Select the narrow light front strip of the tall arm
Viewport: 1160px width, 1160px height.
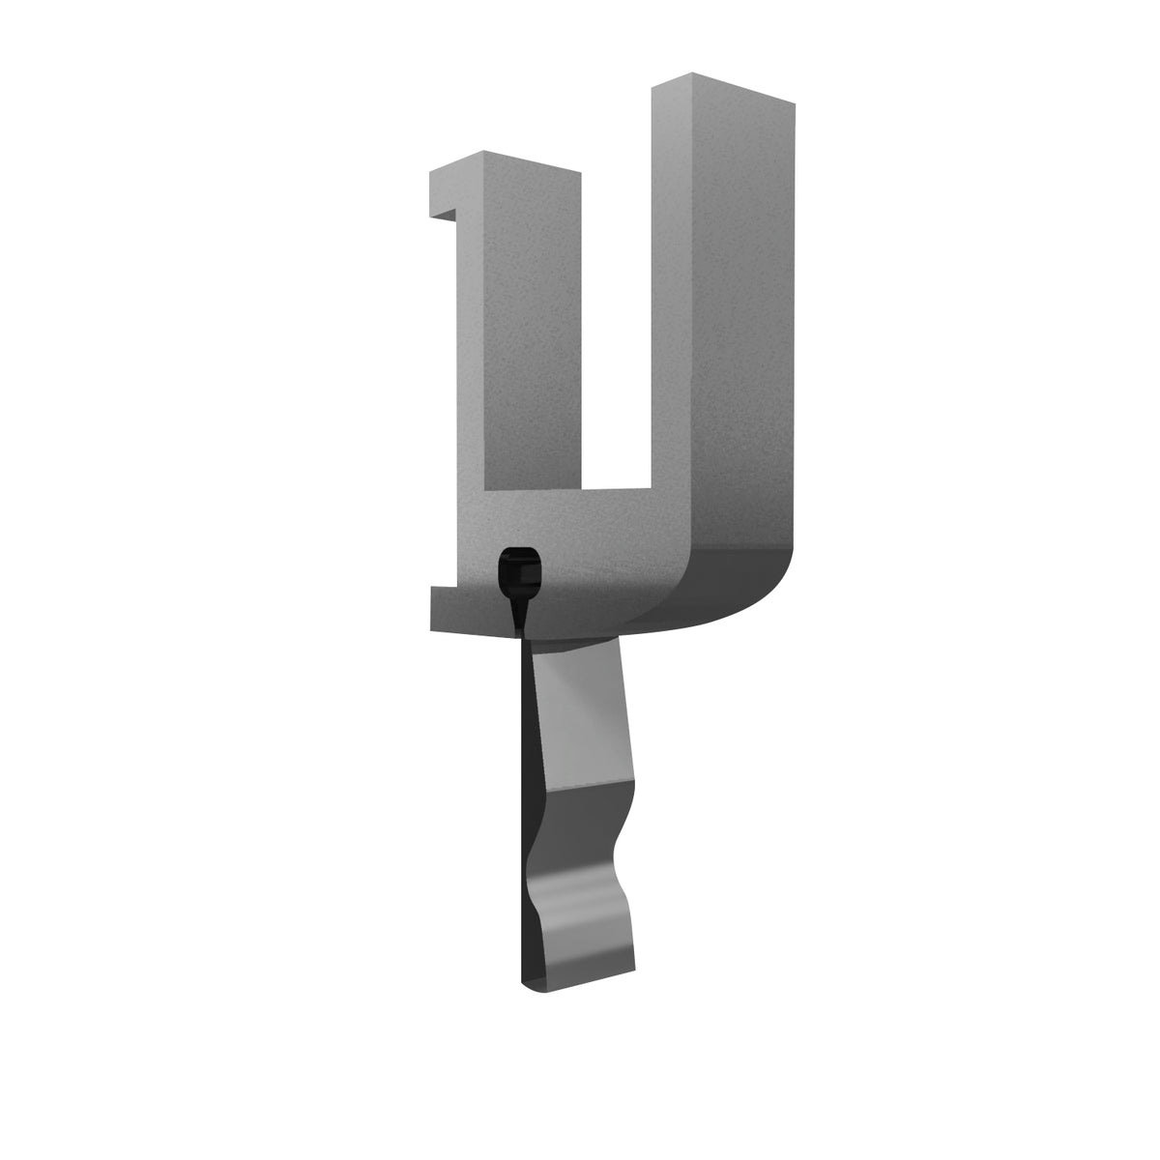click(x=671, y=290)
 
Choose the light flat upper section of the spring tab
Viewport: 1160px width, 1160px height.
click(x=580, y=715)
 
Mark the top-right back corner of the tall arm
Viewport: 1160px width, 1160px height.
click(x=795, y=101)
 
